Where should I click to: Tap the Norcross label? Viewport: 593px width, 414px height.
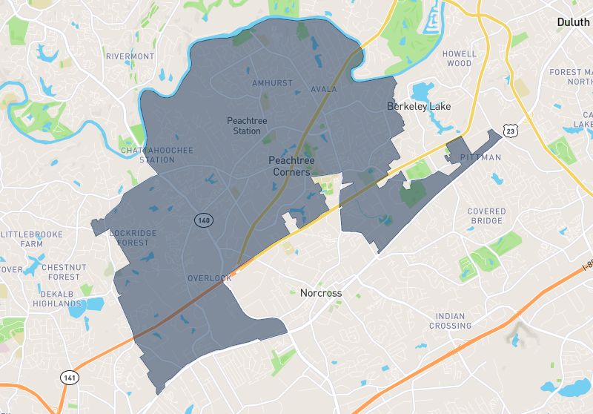(321, 293)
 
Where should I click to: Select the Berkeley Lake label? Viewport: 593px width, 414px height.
(419, 107)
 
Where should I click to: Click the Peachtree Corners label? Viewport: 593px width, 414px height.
(289, 166)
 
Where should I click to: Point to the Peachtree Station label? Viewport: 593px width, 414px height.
(247, 125)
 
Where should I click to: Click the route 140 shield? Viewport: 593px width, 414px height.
(203, 220)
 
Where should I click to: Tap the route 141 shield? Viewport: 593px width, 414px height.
(69, 378)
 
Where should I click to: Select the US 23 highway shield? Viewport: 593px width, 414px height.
(511, 131)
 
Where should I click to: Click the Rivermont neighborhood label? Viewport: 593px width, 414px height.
(130, 56)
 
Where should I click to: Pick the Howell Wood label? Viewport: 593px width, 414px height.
(457, 59)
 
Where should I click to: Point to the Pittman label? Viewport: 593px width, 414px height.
(480, 158)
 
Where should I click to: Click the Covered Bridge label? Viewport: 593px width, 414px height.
(486, 216)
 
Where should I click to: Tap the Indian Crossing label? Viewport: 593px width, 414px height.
(451, 321)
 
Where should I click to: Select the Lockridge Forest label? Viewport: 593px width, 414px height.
(133, 237)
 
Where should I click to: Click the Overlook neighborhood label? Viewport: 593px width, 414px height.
(209, 278)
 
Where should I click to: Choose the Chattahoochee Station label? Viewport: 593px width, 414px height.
(156, 155)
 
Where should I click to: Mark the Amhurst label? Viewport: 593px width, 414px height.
(272, 83)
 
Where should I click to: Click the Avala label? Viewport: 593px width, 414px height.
(324, 90)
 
